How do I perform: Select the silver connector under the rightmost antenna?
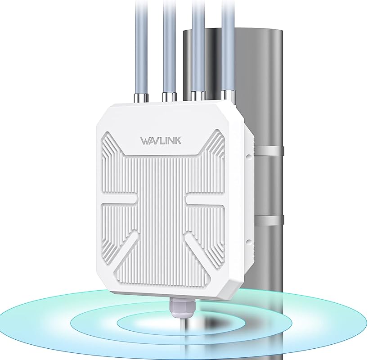click(228, 95)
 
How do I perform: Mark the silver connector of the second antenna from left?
click(170, 96)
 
